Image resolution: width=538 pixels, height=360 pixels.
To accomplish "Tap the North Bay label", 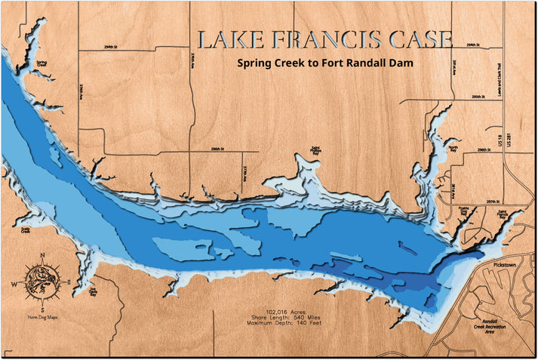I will point(453,149).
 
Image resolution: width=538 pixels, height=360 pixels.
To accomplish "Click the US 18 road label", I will point(500,140).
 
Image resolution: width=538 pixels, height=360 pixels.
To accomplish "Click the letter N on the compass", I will point(42,254).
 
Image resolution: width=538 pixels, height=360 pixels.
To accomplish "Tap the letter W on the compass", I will point(13,284).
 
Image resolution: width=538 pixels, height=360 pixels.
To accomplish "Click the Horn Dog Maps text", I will point(42,318).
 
